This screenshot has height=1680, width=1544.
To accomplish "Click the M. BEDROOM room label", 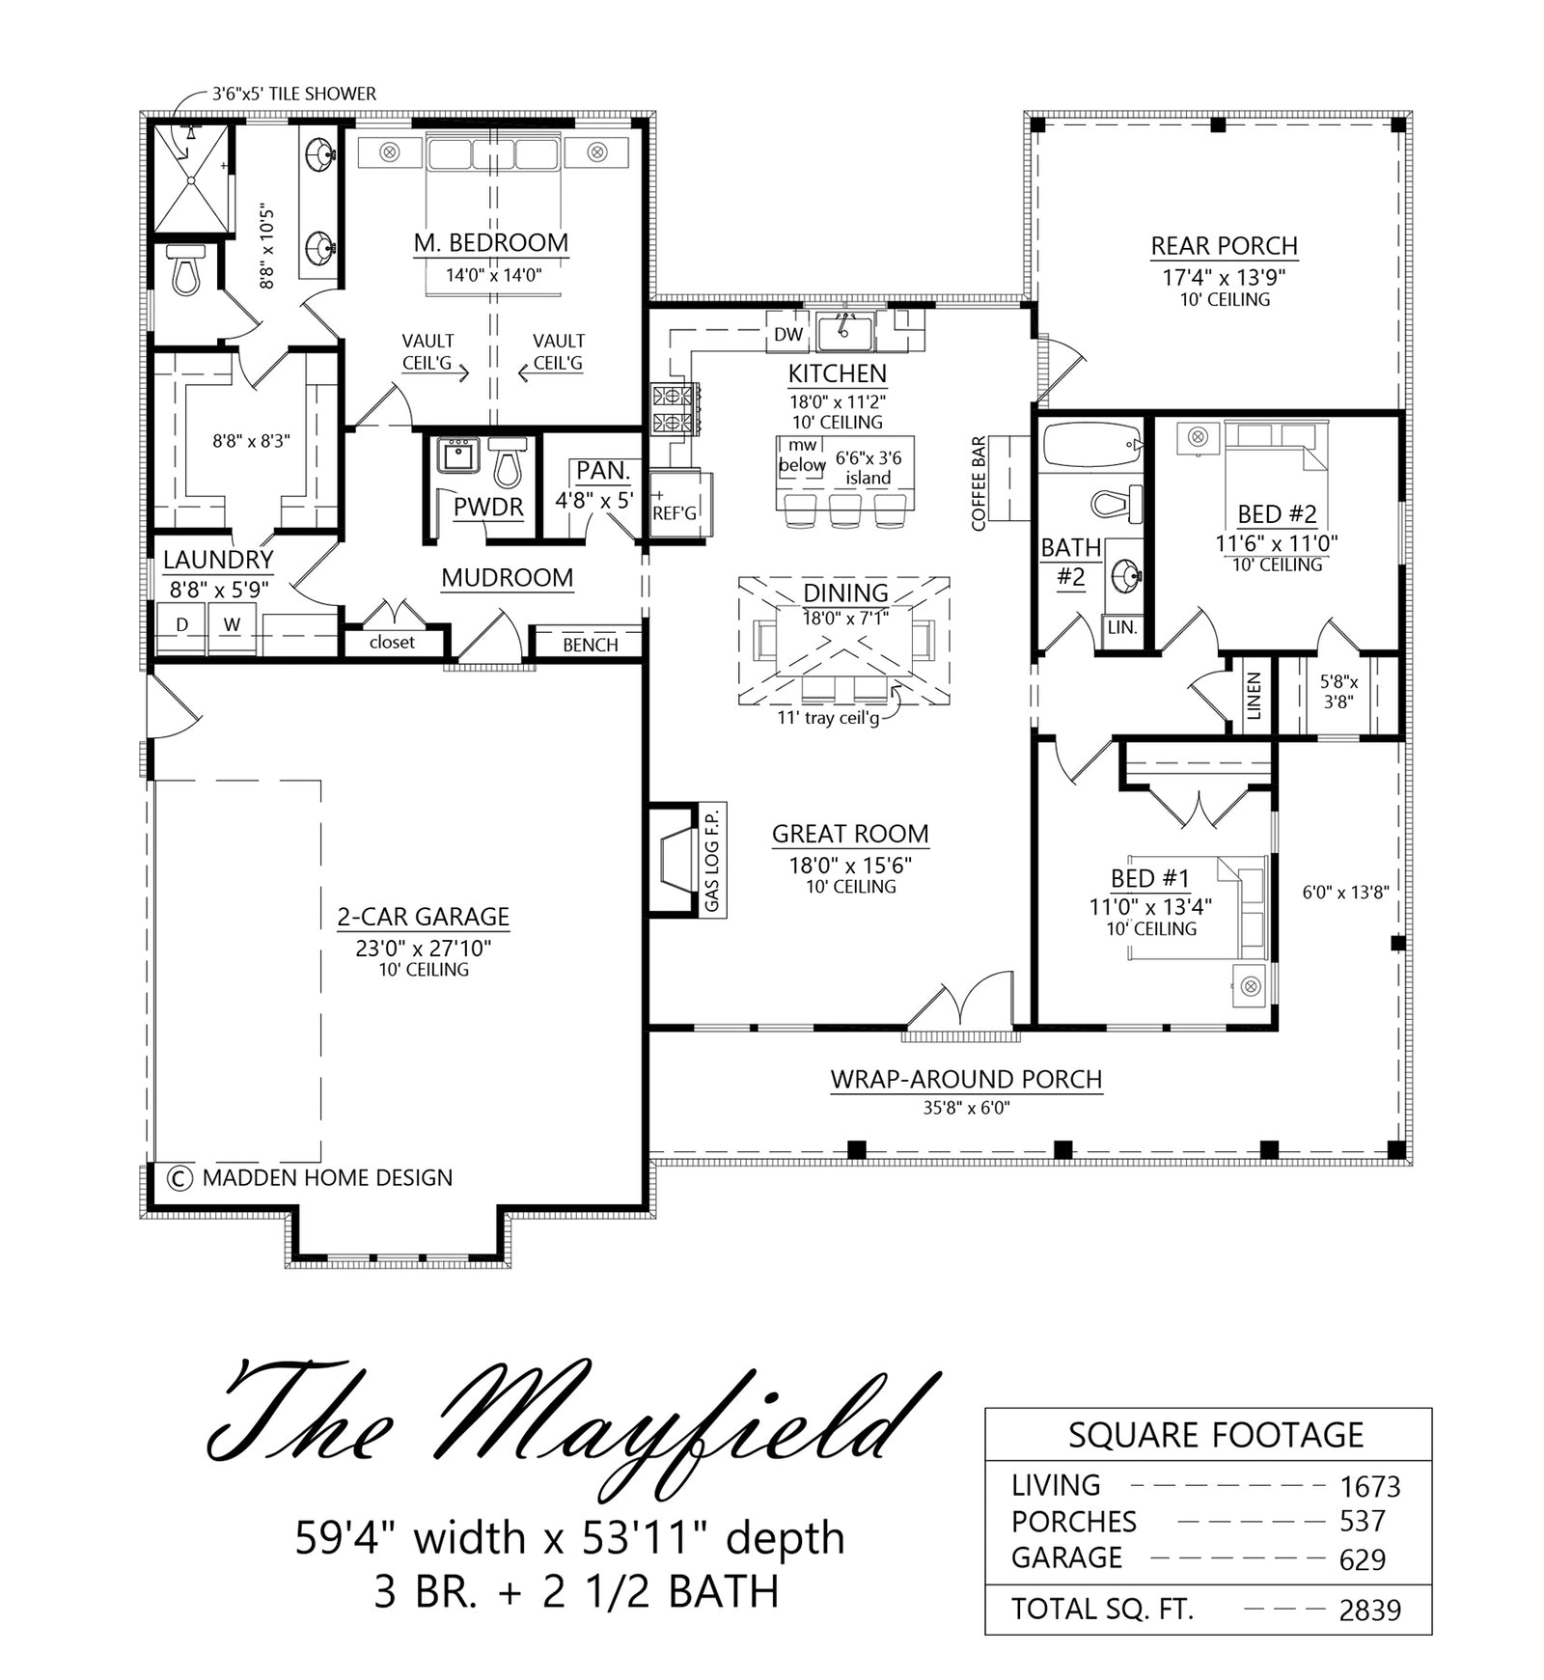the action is [491, 243].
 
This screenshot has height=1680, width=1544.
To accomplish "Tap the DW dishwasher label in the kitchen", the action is [788, 335].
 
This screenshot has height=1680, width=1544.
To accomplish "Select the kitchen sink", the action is [844, 333].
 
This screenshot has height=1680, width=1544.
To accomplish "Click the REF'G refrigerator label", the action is [674, 513].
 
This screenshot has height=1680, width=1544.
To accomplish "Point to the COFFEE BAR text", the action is [979, 483].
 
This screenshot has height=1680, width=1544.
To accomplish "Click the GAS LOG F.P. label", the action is [712, 861].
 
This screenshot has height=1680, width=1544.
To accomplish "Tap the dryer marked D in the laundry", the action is [181, 625].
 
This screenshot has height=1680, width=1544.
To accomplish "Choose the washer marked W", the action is [232, 625].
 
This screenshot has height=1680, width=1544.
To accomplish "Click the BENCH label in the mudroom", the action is [591, 645].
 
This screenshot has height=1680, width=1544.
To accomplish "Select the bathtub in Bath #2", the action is [1090, 444].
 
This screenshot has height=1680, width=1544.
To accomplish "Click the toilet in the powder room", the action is [507, 462].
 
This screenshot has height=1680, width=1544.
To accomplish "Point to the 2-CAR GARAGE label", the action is [423, 917].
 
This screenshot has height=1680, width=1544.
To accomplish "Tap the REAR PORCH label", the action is [1224, 246].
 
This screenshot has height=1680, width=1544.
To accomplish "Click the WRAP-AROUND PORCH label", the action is [966, 1079].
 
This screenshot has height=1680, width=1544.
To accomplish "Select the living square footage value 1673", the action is [1370, 1487].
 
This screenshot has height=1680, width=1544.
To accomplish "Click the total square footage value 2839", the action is [1370, 1611].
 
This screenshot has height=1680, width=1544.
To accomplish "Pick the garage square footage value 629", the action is [1363, 1559].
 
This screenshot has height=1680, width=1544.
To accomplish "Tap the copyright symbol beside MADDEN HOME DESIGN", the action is [178, 1177].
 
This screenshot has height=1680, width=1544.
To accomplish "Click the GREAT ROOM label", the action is [850, 834].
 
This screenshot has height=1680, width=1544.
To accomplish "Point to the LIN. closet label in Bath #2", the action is [1122, 627].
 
